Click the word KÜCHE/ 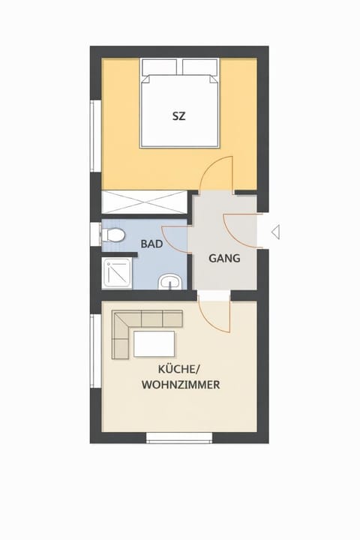coord(178,369)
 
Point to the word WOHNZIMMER coord(179,385)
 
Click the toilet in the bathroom coord(113,235)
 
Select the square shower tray coord(118,274)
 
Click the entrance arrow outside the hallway coord(275,232)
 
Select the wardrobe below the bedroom coord(145,203)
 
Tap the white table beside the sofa coord(154,344)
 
